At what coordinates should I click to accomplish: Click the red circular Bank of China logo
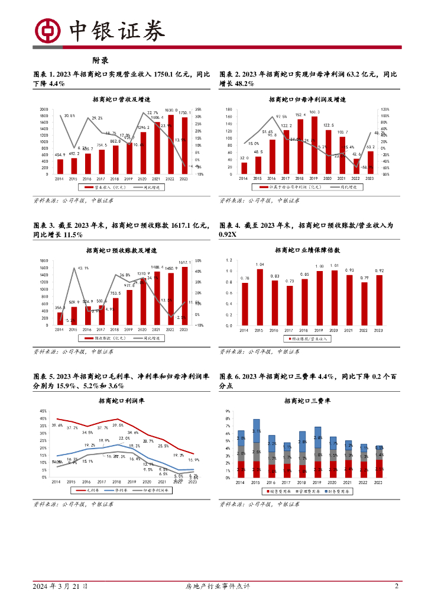47,30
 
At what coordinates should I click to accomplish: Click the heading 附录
100,60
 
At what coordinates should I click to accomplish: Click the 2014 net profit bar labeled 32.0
244,167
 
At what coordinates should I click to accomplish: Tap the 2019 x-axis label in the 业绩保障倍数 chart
320,330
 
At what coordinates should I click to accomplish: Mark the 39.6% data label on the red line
57,426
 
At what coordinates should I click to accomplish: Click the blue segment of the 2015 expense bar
256,431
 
